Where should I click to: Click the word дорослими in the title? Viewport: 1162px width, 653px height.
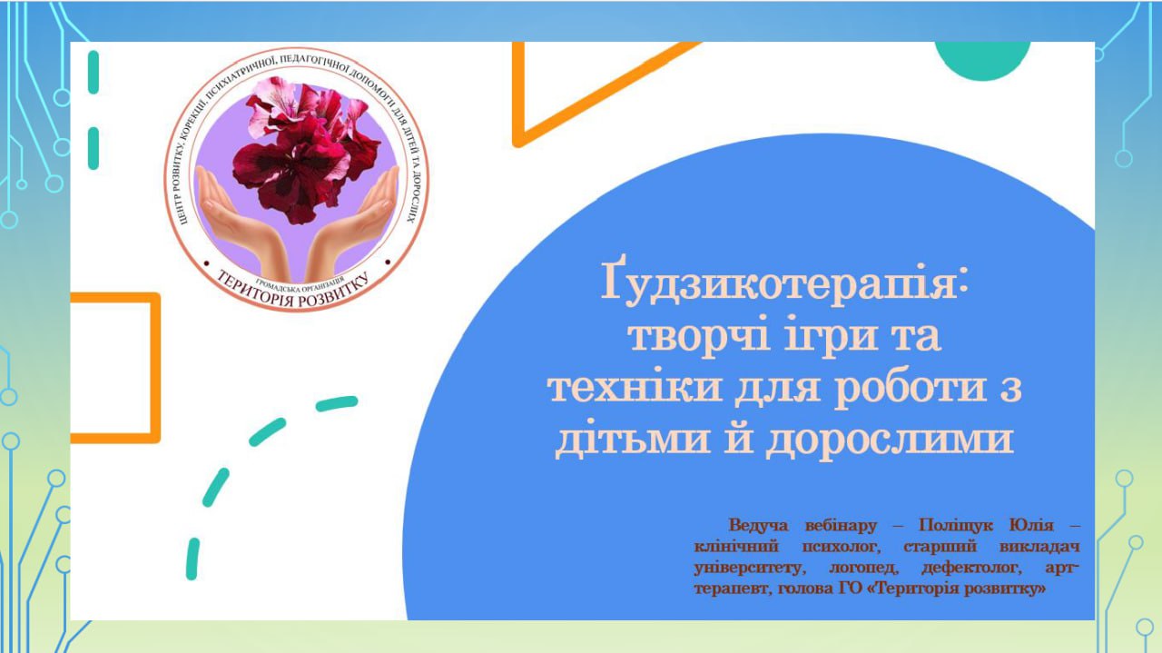(891, 441)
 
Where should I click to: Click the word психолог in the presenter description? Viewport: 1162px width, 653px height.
(842, 547)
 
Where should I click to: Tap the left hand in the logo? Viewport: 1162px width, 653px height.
(241, 224)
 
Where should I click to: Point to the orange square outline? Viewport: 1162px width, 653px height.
(154, 368)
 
